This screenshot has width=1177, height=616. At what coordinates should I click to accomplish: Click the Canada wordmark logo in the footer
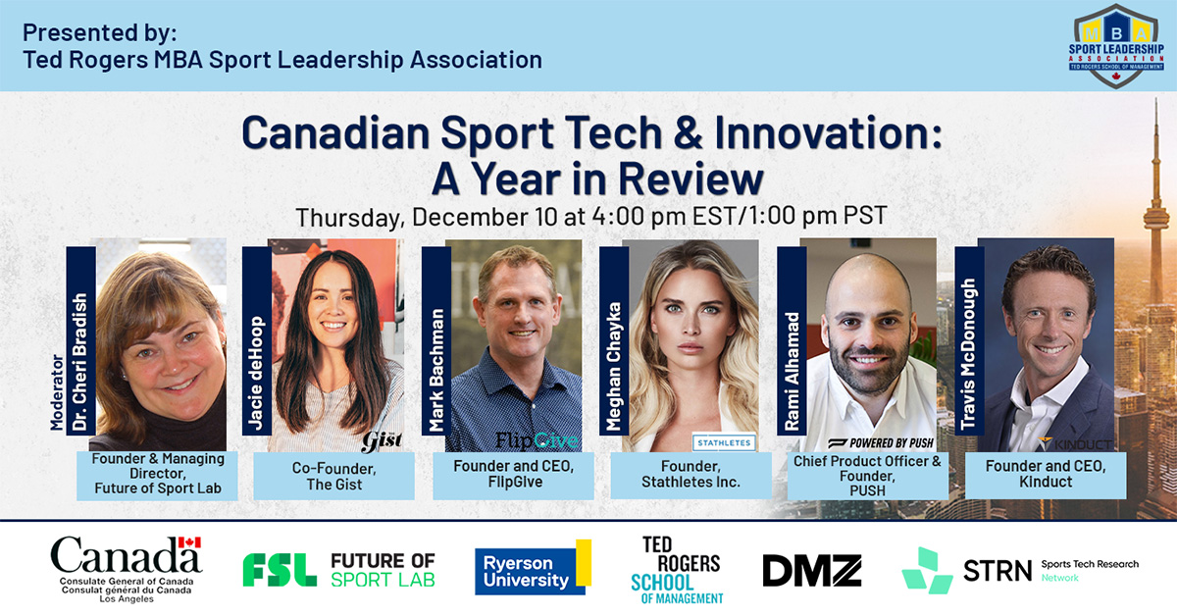point(126,566)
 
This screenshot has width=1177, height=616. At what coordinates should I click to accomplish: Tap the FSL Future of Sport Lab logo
point(338,569)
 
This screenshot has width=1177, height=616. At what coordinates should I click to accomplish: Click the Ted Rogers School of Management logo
point(678,569)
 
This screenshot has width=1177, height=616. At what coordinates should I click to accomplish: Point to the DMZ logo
point(811,570)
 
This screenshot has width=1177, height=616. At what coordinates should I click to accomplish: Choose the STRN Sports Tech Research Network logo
point(1020,570)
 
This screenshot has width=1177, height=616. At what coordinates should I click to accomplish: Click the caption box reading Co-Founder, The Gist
point(328,477)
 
